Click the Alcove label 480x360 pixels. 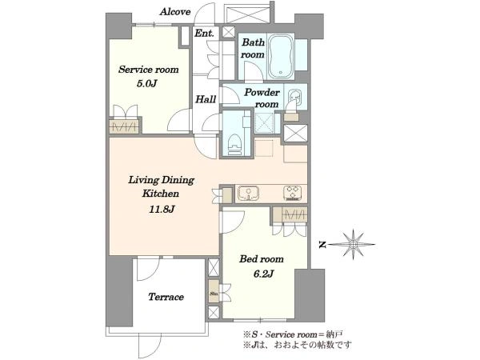tap(175, 12)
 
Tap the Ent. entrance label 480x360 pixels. tap(204, 33)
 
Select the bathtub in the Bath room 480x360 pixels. tap(281, 56)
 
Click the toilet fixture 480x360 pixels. tap(235, 145)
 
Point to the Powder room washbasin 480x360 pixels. tap(294, 97)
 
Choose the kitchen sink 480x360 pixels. tap(248, 194)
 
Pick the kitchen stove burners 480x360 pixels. tap(292, 193)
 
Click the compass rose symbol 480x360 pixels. tap(354, 244)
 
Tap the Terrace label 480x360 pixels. tap(166, 297)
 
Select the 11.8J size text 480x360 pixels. tap(162, 210)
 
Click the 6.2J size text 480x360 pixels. tap(263, 274)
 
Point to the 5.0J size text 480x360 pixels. tap(146, 83)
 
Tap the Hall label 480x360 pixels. tap(206, 99)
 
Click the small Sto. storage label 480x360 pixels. tap(214, 294)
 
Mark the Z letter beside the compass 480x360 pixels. tap(322, 245)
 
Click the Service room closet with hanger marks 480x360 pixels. tap(124, 127)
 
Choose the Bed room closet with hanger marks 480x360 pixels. tap(290, 215)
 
